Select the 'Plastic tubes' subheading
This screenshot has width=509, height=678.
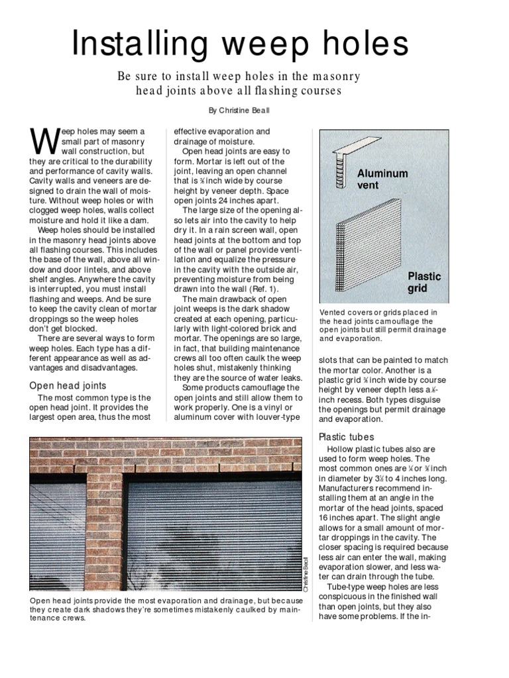pyautogui.click(x=347, y=437)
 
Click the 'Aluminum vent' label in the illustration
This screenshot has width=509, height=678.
pyautogui.click(x=382, y=179)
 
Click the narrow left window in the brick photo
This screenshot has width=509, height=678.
pyautogui.click(x=58, y=536)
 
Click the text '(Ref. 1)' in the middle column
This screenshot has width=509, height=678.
pyautogui.click(x=264, y=289)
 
